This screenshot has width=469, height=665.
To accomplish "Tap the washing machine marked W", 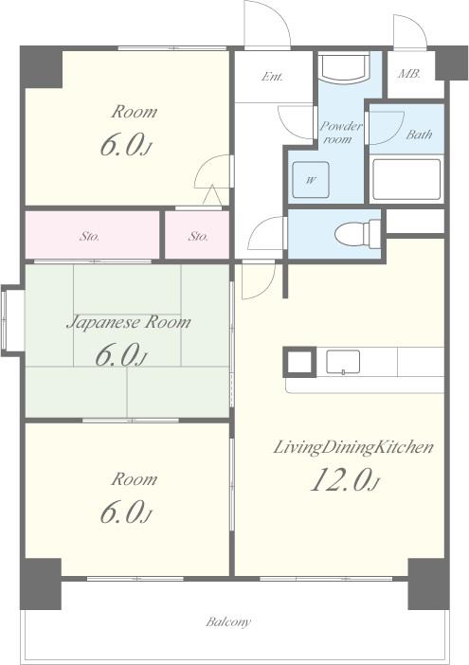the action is click(311, 179).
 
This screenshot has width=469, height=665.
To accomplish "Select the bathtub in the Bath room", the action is click(406, 179).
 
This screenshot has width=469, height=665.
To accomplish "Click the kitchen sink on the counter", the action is click(343, 362).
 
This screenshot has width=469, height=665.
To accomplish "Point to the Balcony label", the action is click(228, 622).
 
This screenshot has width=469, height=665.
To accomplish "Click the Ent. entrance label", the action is click(272, 77).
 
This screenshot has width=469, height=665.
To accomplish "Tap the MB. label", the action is click(409, 74).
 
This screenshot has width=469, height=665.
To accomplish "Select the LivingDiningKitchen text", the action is click(353, 447).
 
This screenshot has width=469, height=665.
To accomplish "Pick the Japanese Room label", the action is click(129, 323).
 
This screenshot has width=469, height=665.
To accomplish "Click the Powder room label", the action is click(340, 132).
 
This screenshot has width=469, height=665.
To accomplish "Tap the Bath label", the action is click(419, 135).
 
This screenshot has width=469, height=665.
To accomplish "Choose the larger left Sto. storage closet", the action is click(93, 235).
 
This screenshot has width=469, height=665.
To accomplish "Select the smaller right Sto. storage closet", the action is click(197, 235).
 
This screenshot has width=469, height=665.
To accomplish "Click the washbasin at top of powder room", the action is click(344, 68).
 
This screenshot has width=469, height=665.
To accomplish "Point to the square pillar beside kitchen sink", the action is click(299, 362).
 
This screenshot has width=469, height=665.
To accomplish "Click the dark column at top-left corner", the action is click(42, 67).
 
